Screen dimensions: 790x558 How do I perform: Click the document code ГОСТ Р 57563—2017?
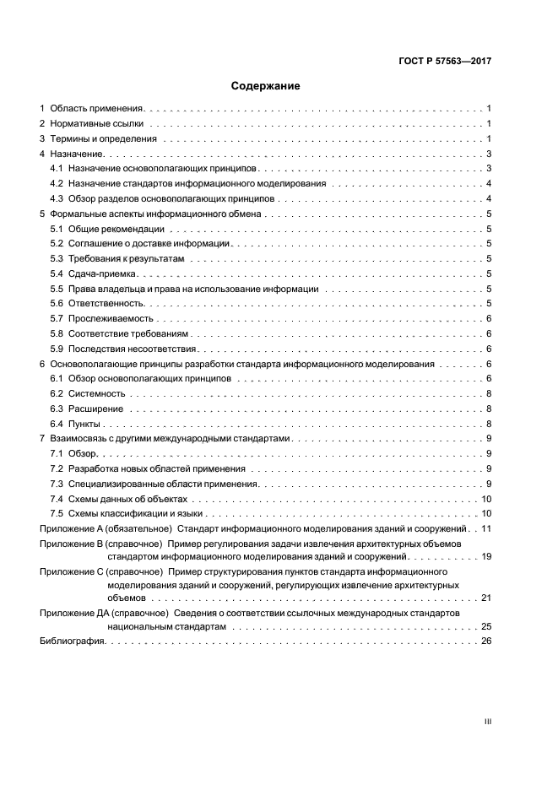(446, 61)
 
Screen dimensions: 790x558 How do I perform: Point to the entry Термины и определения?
(103, 138)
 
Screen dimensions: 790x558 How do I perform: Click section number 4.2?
(57, 183)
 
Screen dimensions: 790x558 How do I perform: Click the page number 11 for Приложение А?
(486, 528)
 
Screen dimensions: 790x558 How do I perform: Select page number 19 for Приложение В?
(486, 558)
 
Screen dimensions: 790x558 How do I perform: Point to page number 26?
(486, 642)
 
